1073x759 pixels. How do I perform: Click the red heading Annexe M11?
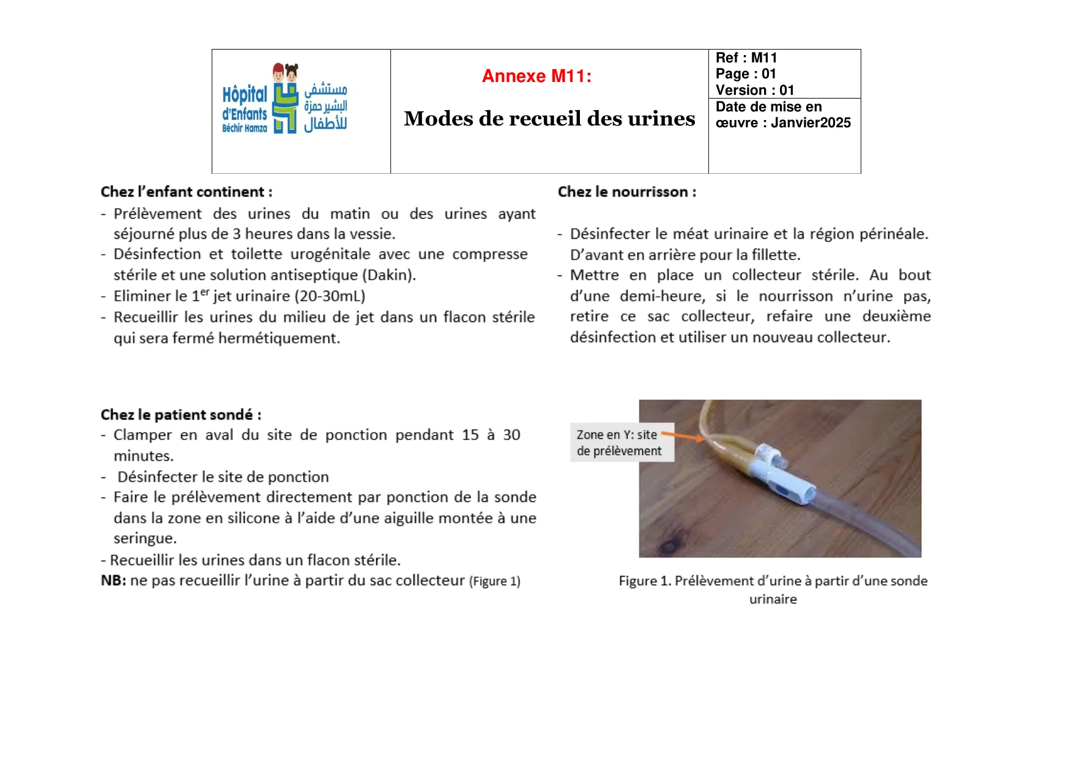coord(536,76)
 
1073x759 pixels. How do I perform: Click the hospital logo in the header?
coord(284,99)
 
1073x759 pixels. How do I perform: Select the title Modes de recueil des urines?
coord(549,118)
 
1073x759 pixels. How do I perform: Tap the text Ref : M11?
coord(746,58)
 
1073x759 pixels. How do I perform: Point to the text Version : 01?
coord(754,90)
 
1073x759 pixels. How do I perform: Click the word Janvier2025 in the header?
coord(811,122)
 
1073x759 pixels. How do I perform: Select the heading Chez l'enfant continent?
coord(187,192)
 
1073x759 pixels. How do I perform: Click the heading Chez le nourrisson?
coord(626,192)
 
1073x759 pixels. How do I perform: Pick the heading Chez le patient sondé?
coord(181,414)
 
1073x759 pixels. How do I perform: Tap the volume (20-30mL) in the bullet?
coord(330,296)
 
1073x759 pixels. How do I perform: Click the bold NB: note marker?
coord(113,580)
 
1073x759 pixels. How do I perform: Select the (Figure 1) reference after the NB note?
coord(494,581)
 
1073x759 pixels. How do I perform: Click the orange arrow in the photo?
coord(683,436)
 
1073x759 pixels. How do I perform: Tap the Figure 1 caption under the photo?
coord(773,589)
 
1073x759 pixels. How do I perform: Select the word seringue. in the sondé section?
coord(145,538)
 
